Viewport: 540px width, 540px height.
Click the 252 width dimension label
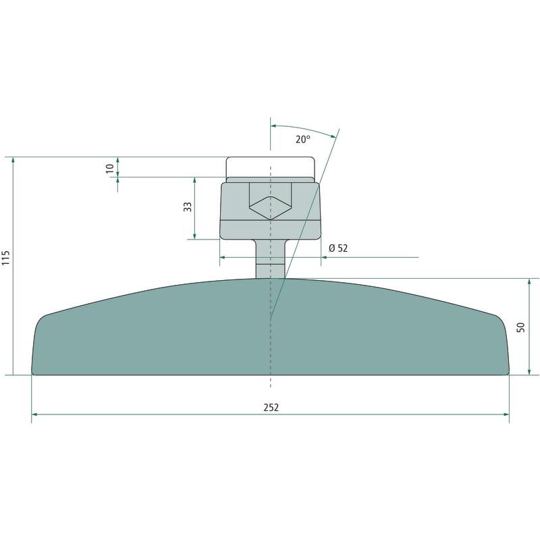point(271,408)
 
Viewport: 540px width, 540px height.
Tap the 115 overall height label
point(7,258)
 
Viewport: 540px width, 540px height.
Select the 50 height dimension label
point(520,327)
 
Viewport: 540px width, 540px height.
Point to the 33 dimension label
point(188,207)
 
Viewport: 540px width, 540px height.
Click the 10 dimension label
point(110,168)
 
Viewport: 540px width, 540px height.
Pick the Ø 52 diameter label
point(338,248)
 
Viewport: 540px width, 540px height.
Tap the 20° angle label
point(303,139)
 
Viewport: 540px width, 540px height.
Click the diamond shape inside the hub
point(271,208)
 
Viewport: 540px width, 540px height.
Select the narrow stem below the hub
point(271,259)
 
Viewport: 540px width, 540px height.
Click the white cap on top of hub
point(271,167)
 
